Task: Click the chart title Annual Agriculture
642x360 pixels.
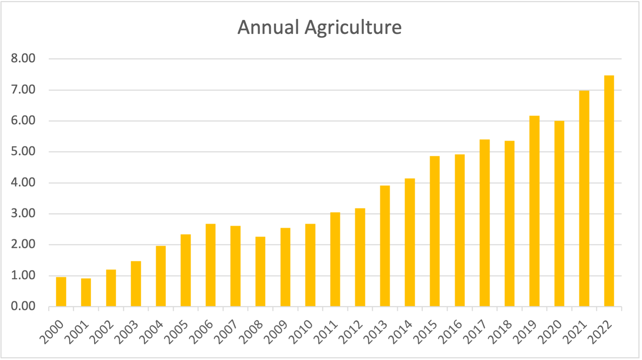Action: [319, 27]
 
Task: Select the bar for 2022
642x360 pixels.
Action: [609, 191]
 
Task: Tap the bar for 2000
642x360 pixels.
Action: [61, 292]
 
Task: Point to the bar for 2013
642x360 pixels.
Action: [385, 246]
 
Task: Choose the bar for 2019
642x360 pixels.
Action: [534, 211]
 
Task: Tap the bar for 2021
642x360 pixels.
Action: [584, 198]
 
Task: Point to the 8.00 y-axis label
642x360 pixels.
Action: [23, 59]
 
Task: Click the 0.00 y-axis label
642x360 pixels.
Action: [23, 306]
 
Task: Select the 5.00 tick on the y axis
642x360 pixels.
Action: [23, 151]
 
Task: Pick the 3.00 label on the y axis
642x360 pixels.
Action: [23, 213]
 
